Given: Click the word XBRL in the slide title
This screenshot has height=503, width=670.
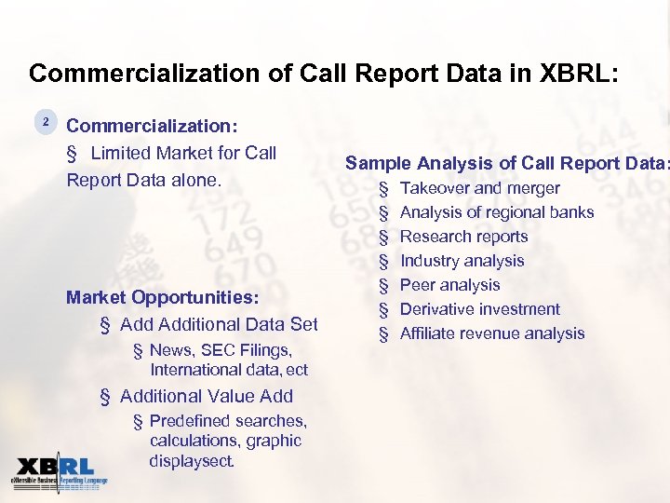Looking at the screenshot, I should tap(566, 74).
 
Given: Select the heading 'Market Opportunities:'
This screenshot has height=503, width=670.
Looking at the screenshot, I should tap(162, 298).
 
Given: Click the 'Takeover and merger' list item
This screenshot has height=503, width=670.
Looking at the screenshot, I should tap(479, 188).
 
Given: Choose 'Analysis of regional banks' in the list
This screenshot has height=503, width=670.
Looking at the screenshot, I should tap(496, 212).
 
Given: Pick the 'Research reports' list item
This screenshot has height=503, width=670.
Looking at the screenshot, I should tap(463, 237).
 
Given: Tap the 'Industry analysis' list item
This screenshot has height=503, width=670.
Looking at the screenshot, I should tap(462, 261).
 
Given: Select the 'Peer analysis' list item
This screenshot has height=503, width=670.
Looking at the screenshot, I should tap(449, 285).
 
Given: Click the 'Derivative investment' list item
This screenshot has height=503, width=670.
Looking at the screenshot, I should tap(479, 309).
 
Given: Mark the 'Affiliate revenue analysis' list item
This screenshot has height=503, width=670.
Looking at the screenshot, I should tap(491, 333).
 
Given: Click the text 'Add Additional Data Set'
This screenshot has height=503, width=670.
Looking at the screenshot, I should tap(219, 324).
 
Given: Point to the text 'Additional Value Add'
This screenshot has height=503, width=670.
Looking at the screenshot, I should tap(207, 396).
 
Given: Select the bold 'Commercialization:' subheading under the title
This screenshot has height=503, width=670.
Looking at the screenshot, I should tap(152, 126).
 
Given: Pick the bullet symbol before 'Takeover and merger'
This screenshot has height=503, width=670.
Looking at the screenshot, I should tap(383, 189).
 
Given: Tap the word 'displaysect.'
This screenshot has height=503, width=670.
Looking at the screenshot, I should tap(192, 461).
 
